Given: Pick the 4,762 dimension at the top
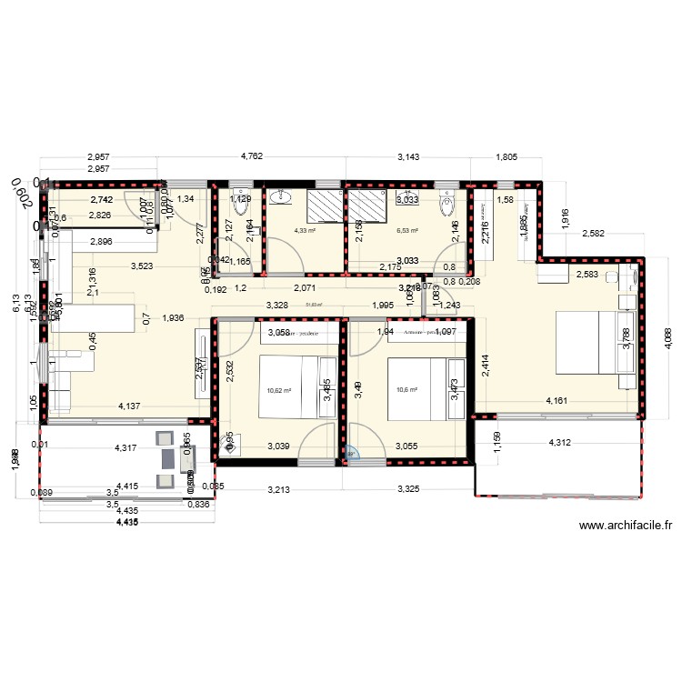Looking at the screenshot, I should (251, 156).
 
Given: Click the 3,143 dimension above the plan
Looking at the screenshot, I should (409, 156).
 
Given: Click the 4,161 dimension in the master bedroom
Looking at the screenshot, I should (560, 400).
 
